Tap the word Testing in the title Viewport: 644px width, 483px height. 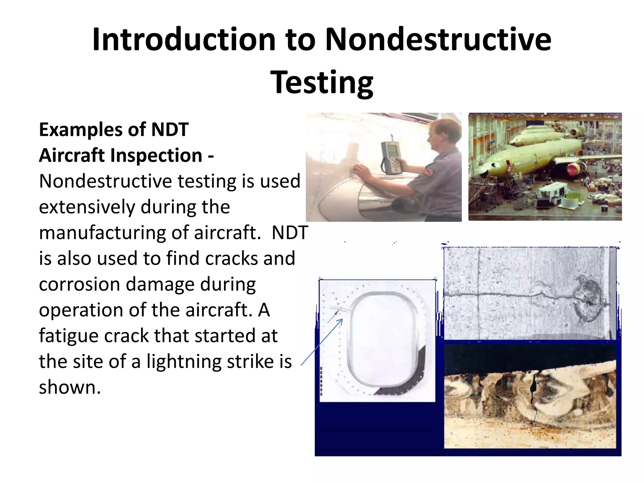(322, 82)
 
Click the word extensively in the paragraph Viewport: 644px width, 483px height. (87, 207)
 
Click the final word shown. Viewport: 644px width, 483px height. (70, 387)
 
